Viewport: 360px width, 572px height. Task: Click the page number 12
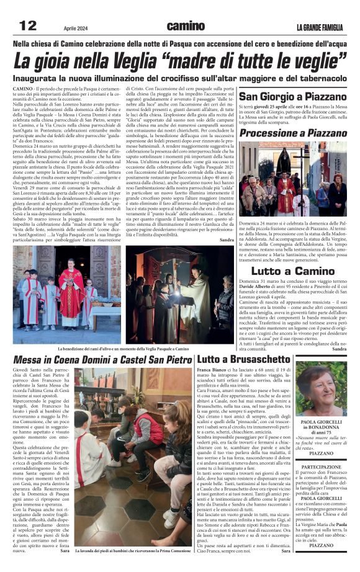point(28,25)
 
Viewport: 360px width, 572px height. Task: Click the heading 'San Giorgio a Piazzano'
point(293,97)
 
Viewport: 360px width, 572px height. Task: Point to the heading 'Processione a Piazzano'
point(293,133)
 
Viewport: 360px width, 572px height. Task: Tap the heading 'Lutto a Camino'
point(293,271)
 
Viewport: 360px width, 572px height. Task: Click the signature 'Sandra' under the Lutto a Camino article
point(340,349)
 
